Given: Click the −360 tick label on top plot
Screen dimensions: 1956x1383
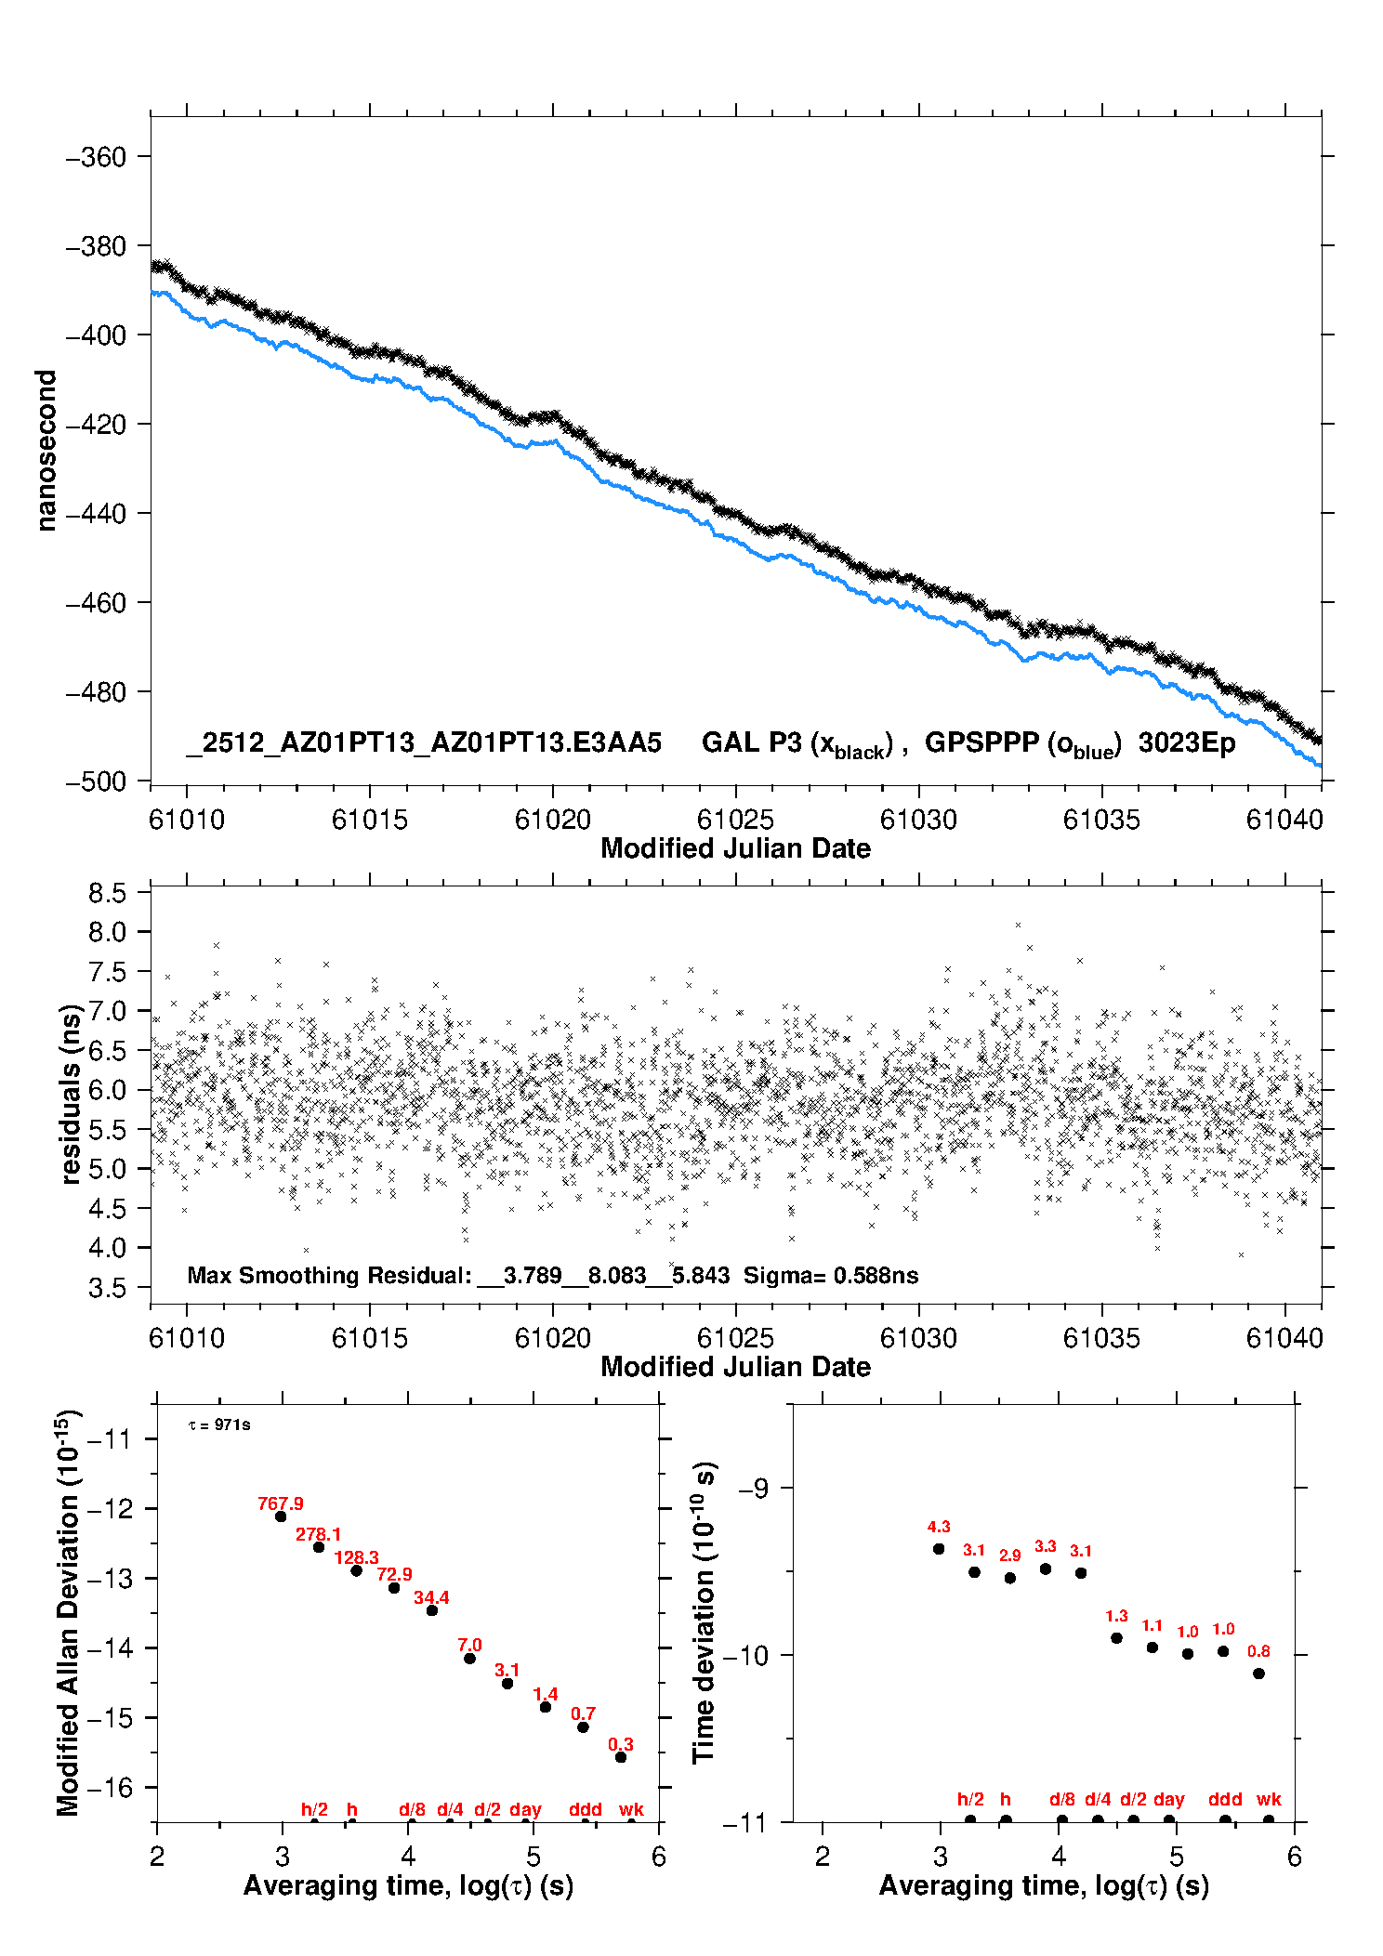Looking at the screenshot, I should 95,157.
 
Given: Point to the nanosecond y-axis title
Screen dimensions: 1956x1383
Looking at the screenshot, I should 46,451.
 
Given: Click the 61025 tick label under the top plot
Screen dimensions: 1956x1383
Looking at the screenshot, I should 735,820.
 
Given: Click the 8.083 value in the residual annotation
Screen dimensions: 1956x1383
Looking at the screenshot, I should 617,1275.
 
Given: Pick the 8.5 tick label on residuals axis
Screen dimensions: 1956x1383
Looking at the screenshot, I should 107,893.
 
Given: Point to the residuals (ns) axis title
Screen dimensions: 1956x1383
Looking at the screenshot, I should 71,1094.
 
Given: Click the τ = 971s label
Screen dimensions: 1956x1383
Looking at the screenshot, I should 219,1425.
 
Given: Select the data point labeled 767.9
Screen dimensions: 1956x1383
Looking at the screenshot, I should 281,1516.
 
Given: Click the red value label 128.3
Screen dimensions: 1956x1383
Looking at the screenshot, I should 356,1557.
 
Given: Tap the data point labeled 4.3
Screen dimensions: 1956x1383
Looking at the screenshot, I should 939,1549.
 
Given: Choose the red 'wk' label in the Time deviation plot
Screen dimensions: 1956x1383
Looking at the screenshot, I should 1269,1799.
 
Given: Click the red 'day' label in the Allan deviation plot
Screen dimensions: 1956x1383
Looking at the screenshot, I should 525,1809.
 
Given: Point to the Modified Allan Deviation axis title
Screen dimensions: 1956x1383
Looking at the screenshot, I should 69,1613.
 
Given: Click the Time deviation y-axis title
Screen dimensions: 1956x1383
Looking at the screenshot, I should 704,1613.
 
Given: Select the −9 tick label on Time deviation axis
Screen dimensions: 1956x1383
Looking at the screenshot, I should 759,1489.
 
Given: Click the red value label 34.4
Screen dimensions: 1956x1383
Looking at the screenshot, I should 431,1597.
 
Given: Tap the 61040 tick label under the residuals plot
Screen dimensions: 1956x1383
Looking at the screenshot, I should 1284,1338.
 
